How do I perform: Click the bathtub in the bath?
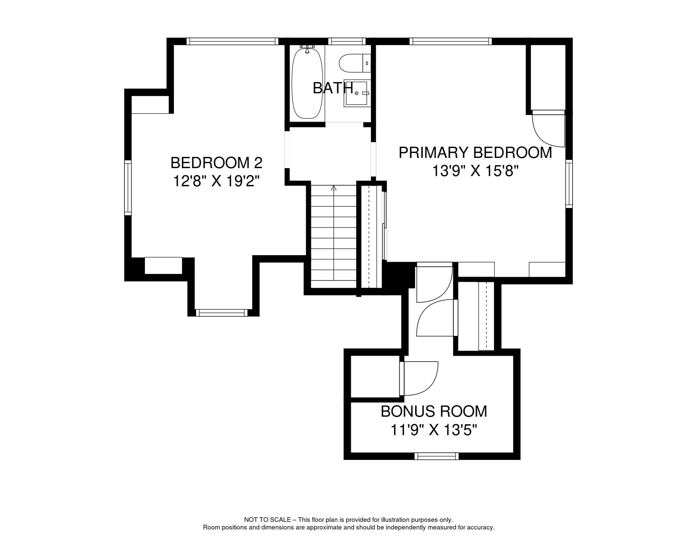click(x=307, y=83)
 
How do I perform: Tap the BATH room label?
click(x=332, y=88)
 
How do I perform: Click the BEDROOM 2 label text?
click(x=216, y=163)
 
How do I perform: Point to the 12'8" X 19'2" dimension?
click(x=216, y=181)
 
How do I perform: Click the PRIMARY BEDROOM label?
click(x=475, y=153)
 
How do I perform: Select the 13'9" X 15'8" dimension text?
click(x=475, y=171)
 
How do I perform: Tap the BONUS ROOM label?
click(x=434, y=412)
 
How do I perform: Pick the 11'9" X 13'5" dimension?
click(x=434, y=430)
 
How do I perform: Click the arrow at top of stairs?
click(x=333, y=188)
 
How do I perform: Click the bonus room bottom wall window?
click(x=437, y=456)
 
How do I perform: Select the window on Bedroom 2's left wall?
click(x=128, y=188)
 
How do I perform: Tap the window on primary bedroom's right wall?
click(x=569, y=184)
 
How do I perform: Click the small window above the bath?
click(x=346, y=41)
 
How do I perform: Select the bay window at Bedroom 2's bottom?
click(x=221, y=313)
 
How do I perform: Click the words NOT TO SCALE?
click(x=267, y=520)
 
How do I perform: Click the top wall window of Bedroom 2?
click(x=232, y=41)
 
